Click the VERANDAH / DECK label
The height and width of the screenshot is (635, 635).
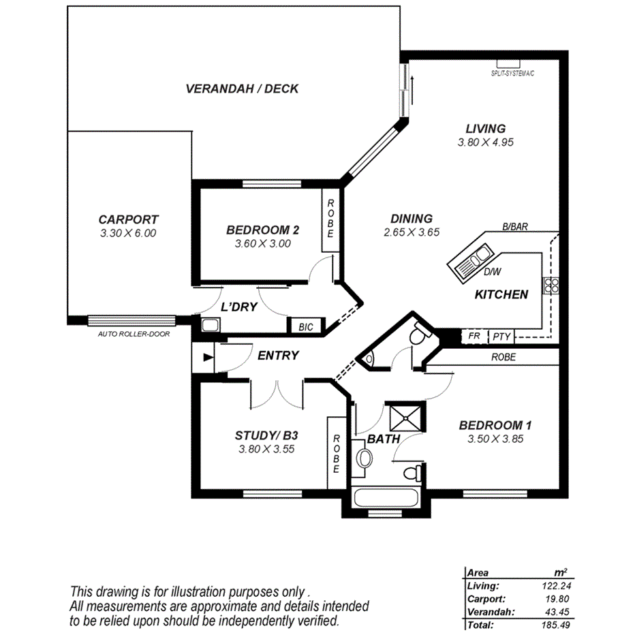pyautogui.click(x=242, y=89)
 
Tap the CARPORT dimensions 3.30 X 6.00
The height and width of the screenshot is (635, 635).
pyautogui.click(x=128, y=233)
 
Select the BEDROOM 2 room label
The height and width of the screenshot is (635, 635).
pyautogui.click(x=263, y=230)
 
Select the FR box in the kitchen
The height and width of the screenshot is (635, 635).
pyautogui.click(x=474, y=336)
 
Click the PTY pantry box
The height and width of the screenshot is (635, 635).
pyautogui.click(x=501, y=336)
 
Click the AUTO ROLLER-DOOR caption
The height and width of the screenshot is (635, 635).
pyautogui.click(x=134, y=335)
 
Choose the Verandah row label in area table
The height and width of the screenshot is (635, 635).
pyautogui.click(x=486, y=611)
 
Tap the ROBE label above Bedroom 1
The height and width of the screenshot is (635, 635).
pyautogui.click(x=503, y=357)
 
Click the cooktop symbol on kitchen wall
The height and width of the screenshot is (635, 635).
pyautogui.click(x=551, y=285)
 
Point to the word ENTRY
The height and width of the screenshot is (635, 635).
pyautogui.click(x=278, y=355)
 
